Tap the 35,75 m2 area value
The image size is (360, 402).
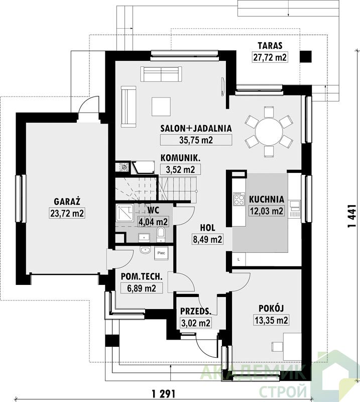(x=196, y=140)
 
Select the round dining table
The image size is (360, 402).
(x=269, y=131)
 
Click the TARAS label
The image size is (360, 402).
(x=270, y=46)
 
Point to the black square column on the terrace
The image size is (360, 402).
(x=306, y=56)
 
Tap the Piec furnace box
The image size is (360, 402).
(x=161, y=253)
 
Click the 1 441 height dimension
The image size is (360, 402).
(x=352, y=216)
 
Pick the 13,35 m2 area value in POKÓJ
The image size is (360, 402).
(x=271, y=320)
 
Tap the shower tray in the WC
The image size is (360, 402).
(x=125, y=213)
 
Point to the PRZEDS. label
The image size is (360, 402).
(x=195, y=311)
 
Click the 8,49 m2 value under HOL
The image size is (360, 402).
(x=207, y=239)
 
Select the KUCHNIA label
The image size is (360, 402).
(x=267, y=199)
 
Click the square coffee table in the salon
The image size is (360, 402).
(x=162, y=107)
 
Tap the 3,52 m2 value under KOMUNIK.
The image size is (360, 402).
(x=180, y=169)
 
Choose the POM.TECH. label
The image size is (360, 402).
(x=142, y=276)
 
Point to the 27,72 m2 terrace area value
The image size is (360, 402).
(x=270, y=57)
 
